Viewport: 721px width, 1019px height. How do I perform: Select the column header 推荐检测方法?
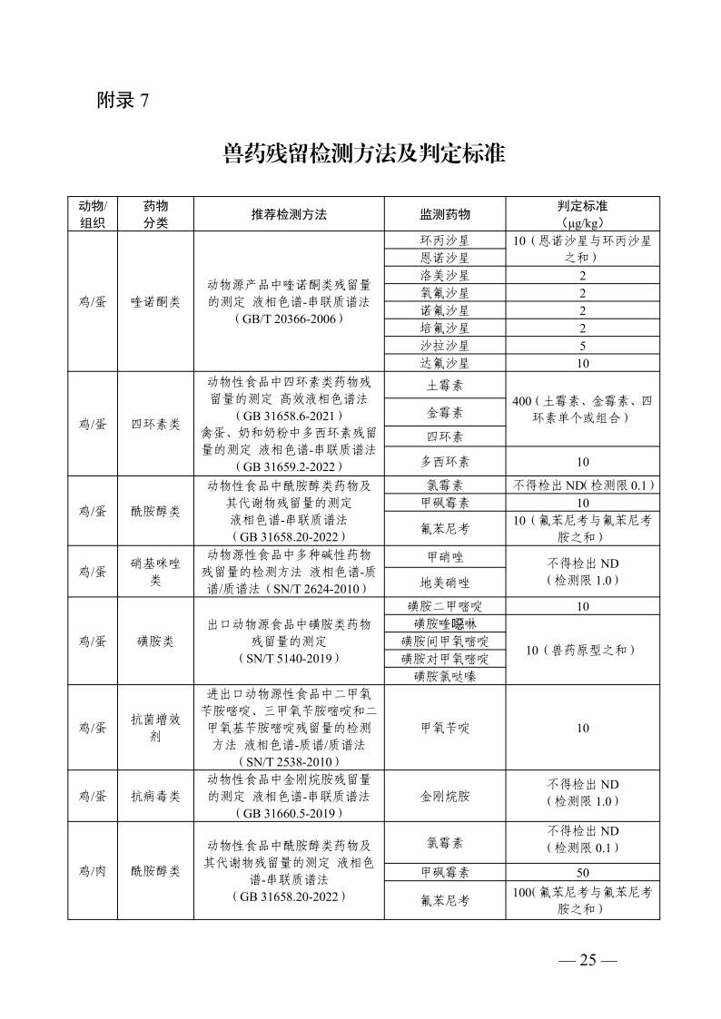289,215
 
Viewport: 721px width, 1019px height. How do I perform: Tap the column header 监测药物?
445,215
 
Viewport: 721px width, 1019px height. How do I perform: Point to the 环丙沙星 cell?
445,240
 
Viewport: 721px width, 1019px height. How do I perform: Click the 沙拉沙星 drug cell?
445,346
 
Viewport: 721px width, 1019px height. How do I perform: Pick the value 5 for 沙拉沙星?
582,346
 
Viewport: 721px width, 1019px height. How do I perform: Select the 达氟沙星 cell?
445,363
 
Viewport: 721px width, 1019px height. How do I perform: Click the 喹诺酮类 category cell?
155,301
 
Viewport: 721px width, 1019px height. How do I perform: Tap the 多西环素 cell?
445,461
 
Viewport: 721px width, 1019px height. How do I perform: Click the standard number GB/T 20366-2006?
289,319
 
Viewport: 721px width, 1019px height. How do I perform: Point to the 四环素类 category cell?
155,424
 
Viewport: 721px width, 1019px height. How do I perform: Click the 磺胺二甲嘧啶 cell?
445,606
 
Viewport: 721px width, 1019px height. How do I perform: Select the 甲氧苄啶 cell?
445,728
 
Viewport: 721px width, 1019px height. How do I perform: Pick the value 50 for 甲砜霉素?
582,872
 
